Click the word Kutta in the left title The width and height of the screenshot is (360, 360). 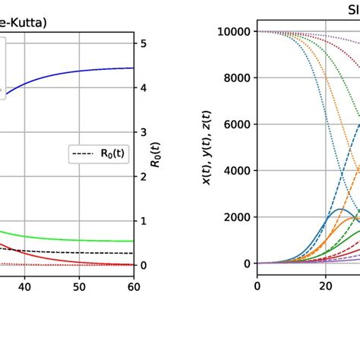(x=24, y=22)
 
